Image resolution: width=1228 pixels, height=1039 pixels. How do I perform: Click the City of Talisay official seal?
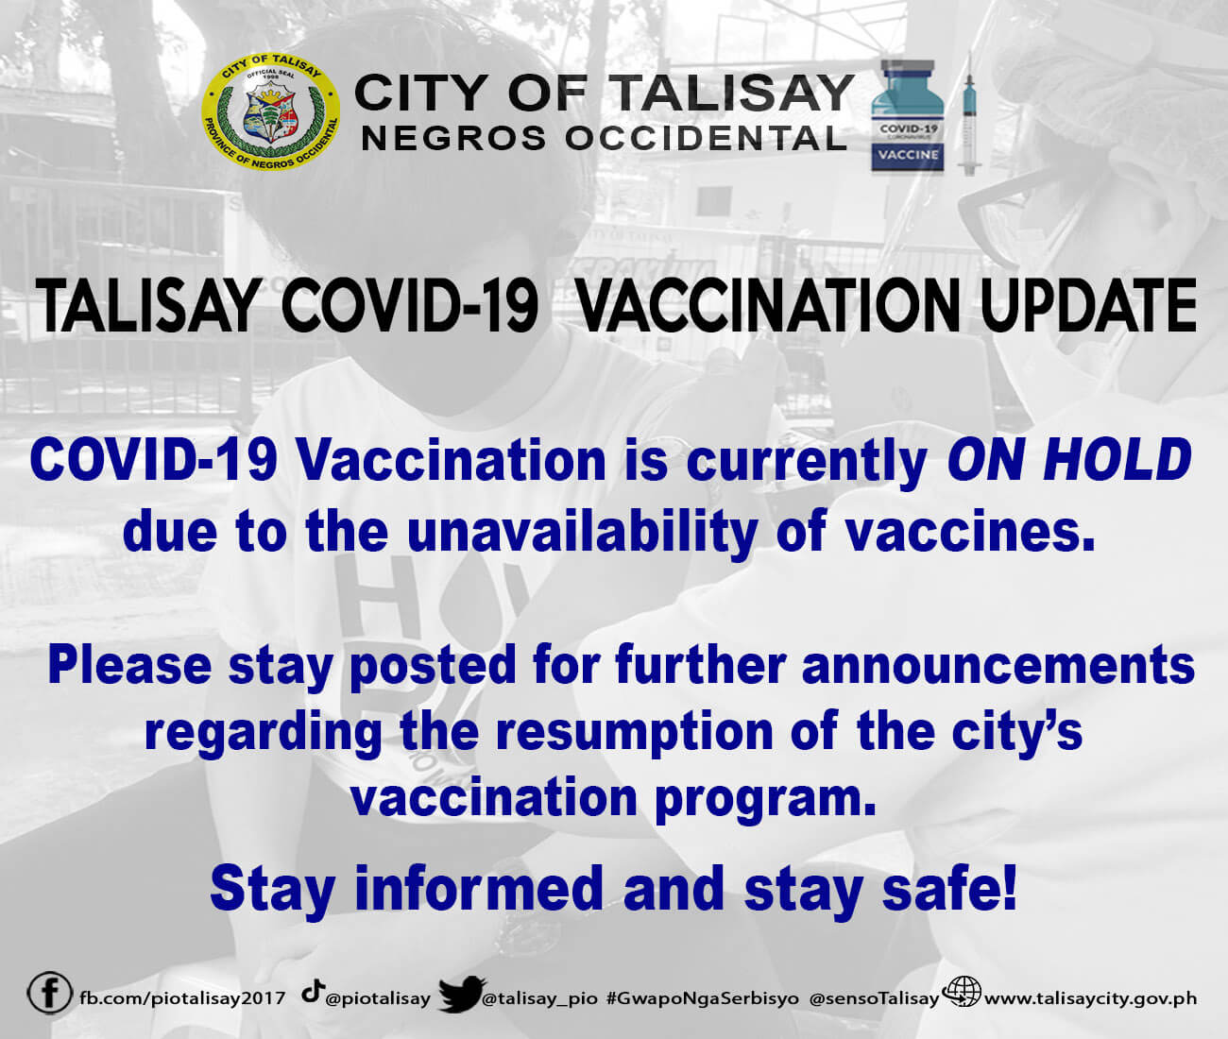click(x=271, y=112)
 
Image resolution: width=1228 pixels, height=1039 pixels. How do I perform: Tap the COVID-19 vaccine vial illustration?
click(x=907, y=116)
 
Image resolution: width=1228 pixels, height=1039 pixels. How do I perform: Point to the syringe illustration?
click(x=968, y=115)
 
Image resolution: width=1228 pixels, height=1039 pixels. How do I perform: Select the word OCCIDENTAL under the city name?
click(x=706, y=139)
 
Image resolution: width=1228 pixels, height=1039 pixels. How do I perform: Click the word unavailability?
click(x=582, y=531)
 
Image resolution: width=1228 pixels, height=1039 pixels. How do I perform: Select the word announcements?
click(x=998, y=666)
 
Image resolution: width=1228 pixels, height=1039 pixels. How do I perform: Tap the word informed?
click(x=479, y=888)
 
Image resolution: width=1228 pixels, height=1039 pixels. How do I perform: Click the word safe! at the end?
click(x=949, y=888)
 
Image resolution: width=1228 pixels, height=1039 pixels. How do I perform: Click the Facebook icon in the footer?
click(x=49, y=992)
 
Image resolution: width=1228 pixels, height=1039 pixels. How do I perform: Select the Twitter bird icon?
click(x=461, y=993)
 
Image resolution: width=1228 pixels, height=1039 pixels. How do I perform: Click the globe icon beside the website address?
click(x=962, y=992)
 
